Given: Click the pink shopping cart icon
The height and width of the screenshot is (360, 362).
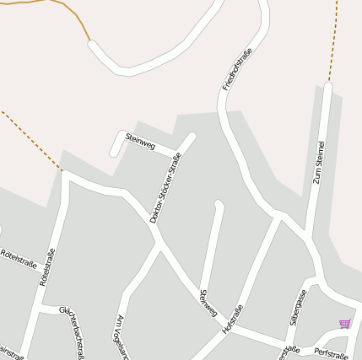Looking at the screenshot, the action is tap(343, 324).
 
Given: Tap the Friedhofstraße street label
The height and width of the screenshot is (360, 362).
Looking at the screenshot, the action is tap(238, 69).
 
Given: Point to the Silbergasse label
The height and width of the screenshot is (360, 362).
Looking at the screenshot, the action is tap(297, 308).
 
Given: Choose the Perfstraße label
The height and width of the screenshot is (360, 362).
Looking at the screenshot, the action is tap(330, 351).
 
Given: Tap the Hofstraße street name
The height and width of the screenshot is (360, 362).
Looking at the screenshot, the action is tap(232, 321).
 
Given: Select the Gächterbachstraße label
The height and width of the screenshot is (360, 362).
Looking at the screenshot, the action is tap(71, 332).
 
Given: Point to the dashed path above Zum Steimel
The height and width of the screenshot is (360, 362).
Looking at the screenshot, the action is tap(334, 38).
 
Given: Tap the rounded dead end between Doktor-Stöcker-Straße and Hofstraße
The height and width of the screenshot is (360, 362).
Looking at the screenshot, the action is tap(219, 204).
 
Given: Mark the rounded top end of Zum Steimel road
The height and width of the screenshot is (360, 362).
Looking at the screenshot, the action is tap(327, 85).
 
